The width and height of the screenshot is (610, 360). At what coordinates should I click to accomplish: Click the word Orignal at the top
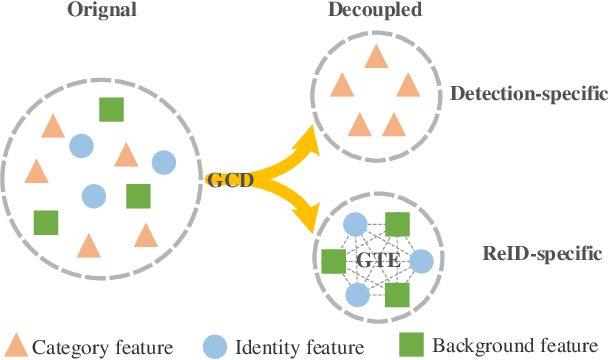click(102, 12)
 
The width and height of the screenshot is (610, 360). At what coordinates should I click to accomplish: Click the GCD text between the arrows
click(228, 180)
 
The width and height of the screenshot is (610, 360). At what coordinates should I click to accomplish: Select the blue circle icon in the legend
click(216, 346)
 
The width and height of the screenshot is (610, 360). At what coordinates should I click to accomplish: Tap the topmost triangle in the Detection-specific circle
click(376, 57)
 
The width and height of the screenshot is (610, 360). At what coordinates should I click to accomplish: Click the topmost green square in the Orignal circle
click(111, 110)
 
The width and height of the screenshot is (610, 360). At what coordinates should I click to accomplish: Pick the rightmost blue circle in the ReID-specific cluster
click(421, 262)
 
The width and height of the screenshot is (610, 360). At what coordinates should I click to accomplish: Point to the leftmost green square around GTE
click(332, 262)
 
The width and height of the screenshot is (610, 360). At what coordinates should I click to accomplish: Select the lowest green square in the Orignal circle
click(46, 222)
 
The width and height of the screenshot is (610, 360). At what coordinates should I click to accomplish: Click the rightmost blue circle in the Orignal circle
click(163, 162)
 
